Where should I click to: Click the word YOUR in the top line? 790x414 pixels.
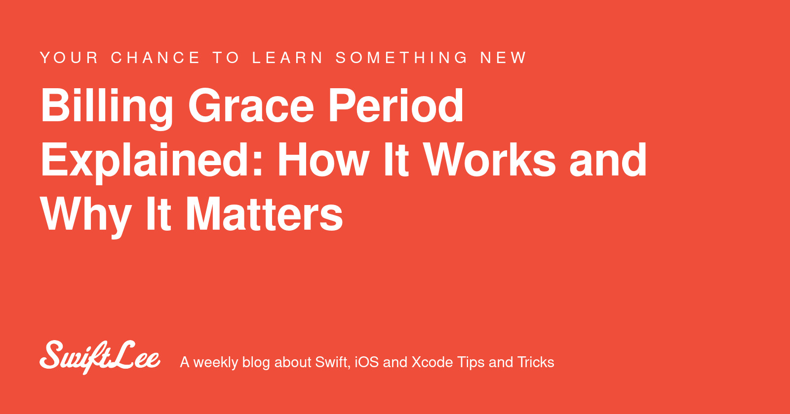(x=69, y=58)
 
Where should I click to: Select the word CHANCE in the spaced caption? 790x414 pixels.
(x=156, y=58)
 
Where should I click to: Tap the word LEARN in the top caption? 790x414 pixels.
(x=288, y=58)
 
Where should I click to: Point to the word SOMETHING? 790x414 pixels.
(x=402, y=58)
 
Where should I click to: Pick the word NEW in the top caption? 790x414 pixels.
(x=504, y=58)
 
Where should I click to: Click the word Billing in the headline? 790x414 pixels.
(x=107, y=106)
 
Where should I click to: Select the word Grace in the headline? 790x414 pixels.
(x=251, y=106)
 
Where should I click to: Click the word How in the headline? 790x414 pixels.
(x=323, y=160)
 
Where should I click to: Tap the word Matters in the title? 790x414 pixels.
(x=264, y=214)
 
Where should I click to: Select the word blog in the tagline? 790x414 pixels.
(x=256, y=363)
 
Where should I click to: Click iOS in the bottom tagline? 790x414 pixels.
(x=366, y=362)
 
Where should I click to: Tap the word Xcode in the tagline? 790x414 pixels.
(x=432, y=362)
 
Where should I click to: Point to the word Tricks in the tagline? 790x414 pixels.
(x=536, y=362)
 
